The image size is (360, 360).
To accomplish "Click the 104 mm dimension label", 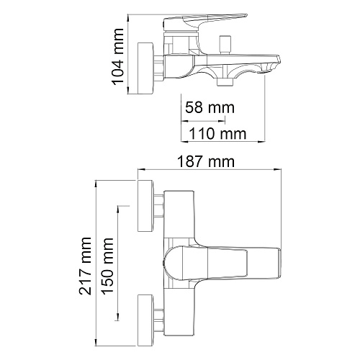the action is click(117, 57).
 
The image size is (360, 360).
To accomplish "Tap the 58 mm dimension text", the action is click(210, 107).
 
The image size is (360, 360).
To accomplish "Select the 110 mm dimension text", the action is click(217, 134).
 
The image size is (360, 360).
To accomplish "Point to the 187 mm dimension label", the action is click(206, 161).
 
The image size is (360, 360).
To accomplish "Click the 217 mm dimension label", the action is click(85, 266).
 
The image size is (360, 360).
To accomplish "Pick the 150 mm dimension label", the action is click(107, 266).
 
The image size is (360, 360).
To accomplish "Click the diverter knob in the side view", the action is click(225, 45).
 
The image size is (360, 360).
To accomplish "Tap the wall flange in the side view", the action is click(145, 68).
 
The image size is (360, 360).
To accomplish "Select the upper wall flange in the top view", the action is click(145, 206).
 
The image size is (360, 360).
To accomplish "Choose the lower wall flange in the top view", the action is click(145, 320).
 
